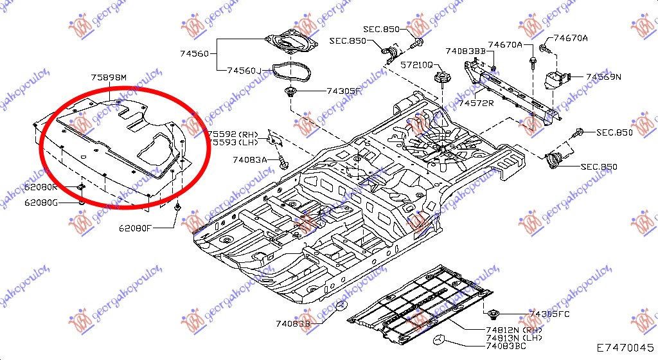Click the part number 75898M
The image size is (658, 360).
pyautogui.click(x=109, y=78)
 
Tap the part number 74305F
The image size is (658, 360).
pyautogui.click(x=344, y=91)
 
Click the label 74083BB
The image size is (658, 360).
pyautogui.click(x=465, y=51)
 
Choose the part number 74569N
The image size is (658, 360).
pyautogui.click(x=603, y=76)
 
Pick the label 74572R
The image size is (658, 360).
pyautogui.click(x=476, y=102)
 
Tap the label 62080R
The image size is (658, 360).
pyautogui.click(x=42, y=187)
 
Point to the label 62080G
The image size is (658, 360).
pyautogui.click(x=42, y=203)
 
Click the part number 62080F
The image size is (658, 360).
pyautogui.click(x=135, y=228)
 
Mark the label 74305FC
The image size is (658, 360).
pyautogui.click(x=549, y=314)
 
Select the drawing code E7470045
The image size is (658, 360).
pyautogui.click(x=623, y=348)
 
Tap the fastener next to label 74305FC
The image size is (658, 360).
pyautogui.click(x=494, y=314)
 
